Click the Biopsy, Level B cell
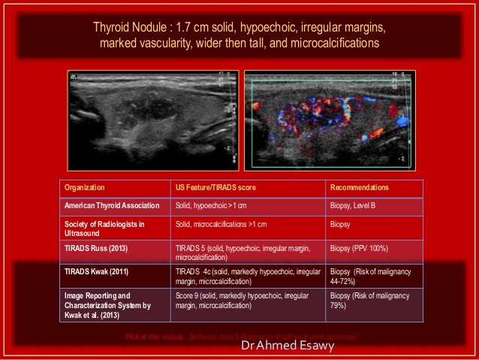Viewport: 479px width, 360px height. [x=356, y=204]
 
